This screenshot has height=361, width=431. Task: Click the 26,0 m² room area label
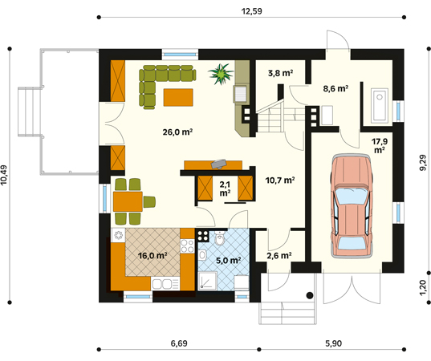click(177, 132)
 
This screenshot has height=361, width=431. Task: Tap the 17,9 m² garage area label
click(380, 146)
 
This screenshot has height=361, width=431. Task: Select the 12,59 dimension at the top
click(251, 11)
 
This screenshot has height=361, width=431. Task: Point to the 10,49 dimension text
click(4, 175)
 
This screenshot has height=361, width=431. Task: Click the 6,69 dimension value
click(179, 343)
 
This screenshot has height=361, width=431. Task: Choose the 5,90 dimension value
click(333, 343)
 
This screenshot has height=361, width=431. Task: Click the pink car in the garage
click(352, 206)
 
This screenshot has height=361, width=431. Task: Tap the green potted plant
click(221, 74)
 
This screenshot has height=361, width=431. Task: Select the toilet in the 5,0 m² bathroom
click(220, 238)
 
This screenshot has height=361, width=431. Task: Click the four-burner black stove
click(203, 235)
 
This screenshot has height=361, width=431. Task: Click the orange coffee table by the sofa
click(178, 97)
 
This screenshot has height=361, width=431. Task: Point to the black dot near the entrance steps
click(310, 295)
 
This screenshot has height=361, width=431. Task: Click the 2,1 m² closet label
click(225, 189)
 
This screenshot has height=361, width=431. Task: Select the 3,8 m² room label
click(280, 73)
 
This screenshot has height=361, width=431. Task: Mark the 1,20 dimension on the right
click(423, 287)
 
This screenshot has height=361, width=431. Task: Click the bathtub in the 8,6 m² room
click(380, 106)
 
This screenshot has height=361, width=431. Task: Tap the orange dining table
click(128, 201)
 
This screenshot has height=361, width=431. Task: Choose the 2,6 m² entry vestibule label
click(279, 256)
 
